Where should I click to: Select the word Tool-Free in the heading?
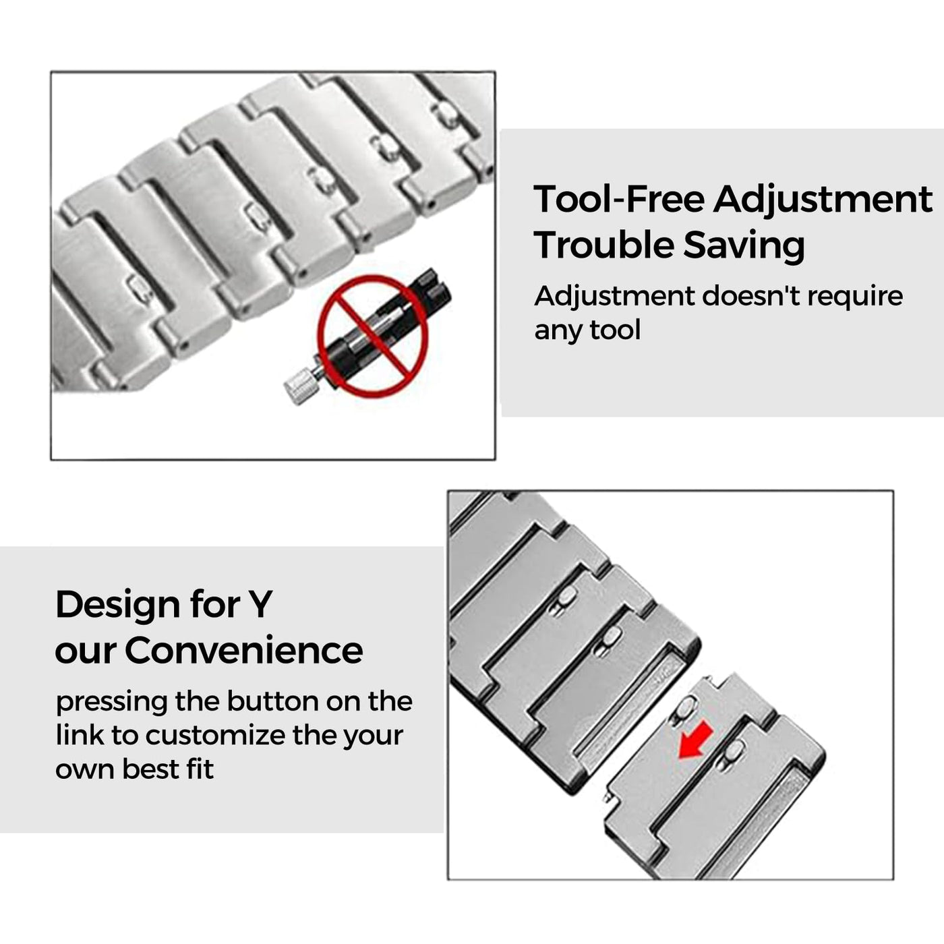(619, 200)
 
